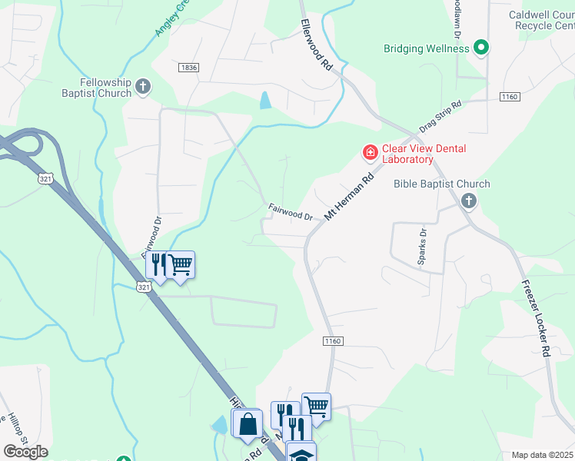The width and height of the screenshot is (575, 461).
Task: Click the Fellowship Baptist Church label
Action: coord(106,88)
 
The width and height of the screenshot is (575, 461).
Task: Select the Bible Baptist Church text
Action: coord(441,184)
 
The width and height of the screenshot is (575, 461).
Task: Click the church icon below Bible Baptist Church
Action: coord(469,201)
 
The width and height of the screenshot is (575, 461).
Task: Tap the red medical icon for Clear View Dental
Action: coord(370,153)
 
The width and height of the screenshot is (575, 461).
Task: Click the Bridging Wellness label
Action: coord(426,48)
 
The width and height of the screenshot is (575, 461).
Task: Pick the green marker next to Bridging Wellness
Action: coord(481,48)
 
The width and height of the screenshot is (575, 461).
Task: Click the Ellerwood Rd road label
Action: coord(317,45)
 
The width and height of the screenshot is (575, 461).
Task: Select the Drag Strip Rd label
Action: coord(440,116)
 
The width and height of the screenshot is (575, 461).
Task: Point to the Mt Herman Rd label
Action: coord(348,196)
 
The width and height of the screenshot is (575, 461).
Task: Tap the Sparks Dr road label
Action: coord(422,246)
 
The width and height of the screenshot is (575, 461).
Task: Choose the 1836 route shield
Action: coord(188,68)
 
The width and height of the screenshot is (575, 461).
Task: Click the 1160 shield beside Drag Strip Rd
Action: coord(509,96)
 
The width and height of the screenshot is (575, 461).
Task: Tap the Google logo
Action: coord(25,451)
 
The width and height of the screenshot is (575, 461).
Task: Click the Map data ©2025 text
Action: coord(542,455)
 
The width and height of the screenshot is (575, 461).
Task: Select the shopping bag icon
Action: coord(247,424)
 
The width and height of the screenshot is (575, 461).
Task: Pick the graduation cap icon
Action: coord(301,454)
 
